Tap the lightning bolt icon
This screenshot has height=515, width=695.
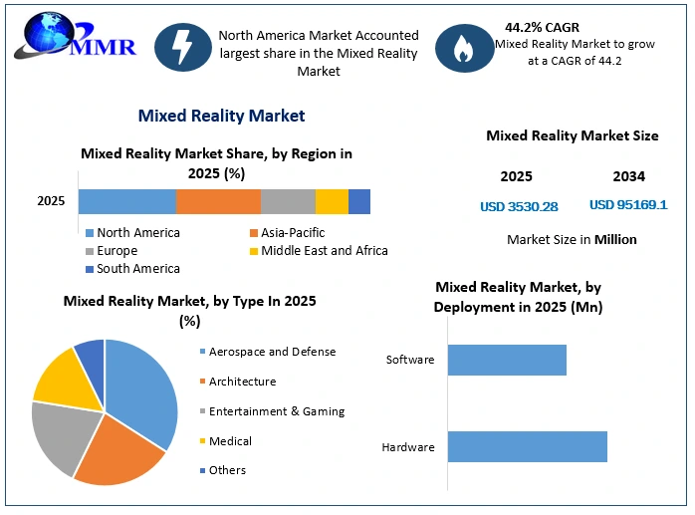pos(182,47)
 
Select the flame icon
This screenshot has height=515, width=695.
pos(464,48)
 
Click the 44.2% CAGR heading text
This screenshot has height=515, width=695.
pos(542,28)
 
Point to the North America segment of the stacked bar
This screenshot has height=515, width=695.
pos(127,202)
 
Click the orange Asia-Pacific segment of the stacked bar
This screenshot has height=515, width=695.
pos(218,202)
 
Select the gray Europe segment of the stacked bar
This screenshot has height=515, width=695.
pos(288,202)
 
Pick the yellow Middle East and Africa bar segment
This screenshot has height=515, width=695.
pos(332,202)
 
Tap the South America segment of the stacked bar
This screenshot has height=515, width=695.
pos(359,202)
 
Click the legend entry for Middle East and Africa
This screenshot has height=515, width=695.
pos(319,251)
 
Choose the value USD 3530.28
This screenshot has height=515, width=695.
pos(519,207)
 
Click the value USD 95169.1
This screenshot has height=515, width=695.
pos(628,204)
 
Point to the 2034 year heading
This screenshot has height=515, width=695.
pos(629,176)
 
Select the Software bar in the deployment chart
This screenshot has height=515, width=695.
pos(507,360)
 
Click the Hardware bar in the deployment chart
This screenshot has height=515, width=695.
pos(528,446)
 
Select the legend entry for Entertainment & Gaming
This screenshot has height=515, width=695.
pos(272,411)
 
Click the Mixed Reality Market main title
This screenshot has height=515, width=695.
pos(221,116)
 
